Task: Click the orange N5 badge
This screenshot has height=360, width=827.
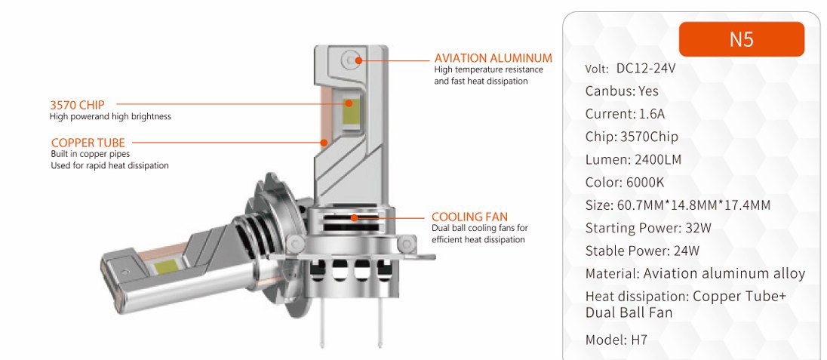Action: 741,39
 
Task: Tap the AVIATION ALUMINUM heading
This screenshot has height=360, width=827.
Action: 493,58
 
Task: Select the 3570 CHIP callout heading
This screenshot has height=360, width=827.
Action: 77,105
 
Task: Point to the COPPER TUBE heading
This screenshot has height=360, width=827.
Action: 88,143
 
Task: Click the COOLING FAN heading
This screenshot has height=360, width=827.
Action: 469,217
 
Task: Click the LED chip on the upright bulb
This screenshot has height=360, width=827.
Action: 349,112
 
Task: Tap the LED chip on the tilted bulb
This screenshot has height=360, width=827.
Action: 165,267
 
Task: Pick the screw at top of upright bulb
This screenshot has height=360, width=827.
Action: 349,60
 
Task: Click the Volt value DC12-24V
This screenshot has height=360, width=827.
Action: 646,69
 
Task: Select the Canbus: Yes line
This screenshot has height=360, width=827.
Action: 622,91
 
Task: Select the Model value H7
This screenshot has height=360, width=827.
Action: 638,340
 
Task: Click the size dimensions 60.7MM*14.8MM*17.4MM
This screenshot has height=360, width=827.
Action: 693,205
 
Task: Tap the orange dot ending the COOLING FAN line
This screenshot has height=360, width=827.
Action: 355,217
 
